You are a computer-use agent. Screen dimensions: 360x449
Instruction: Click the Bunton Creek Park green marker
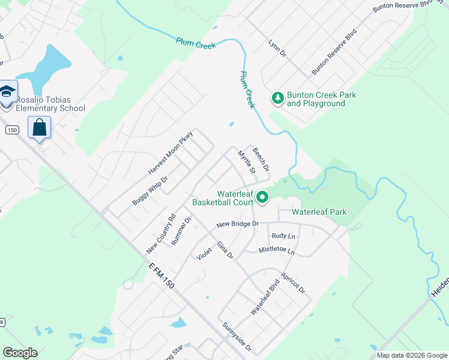(x=277, y=97)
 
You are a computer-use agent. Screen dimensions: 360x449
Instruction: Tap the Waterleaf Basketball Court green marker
(x=262, y=197)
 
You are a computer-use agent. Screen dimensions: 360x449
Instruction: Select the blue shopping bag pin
(x=40, y=128)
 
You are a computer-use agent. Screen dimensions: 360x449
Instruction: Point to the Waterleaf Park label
(x=319, y=212)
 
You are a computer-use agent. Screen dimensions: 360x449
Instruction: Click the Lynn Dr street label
(x=278, y=49)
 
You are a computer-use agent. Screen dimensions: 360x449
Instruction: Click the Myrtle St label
(x=247, y=162)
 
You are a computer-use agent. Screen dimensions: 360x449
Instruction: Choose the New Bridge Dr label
(x=237, y=224)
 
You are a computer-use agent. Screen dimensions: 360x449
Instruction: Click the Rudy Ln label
(x=283, y=236)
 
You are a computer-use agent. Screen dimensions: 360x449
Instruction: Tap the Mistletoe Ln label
(x=277, y=250)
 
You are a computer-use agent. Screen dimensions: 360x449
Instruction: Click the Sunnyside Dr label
(x=237, y=338)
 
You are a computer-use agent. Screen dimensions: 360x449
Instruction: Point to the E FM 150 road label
(x=161, y=275)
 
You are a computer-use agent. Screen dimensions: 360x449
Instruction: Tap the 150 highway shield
(x=11, y=130)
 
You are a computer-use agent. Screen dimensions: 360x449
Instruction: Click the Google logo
(x=20, y=353)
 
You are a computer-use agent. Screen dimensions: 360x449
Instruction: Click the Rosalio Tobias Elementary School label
(x=50, y=104)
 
